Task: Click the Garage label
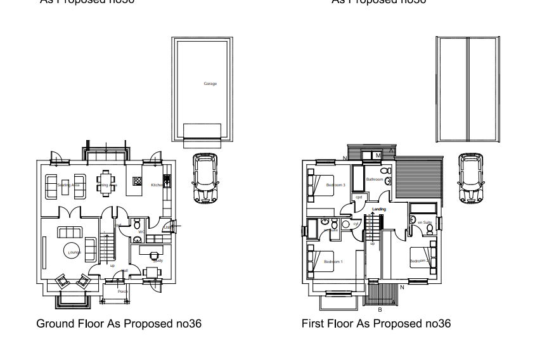(210, 84)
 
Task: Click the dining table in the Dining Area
(107, 183)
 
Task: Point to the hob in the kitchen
(137, 181)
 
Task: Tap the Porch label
(123, 292)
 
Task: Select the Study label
(158, 260)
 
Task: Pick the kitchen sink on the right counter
(167, 182)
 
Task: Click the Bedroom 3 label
(335, 185)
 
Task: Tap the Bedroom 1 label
(333, 262)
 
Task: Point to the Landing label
(379, 209)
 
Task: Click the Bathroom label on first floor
(375, 180)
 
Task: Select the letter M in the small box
(378, 155)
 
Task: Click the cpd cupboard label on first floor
(359, 196)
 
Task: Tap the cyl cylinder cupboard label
(356, 224)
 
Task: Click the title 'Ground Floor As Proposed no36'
(119, 324)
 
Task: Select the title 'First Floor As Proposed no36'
(377, 324)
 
